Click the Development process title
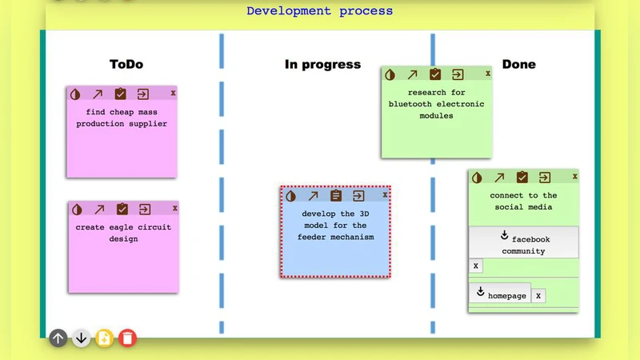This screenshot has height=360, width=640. (319, 11)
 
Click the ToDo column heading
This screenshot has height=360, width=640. (126, 64)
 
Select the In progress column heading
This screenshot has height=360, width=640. (322, 64)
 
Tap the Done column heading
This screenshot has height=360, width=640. (518, 64)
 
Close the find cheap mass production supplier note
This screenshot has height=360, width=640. (173, 93)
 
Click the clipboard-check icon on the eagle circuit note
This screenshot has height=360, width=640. (122, 209)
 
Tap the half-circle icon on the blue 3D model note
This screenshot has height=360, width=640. (291, 195)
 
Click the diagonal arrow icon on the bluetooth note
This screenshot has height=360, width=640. (412, 74)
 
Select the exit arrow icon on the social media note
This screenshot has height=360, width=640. (544, 178)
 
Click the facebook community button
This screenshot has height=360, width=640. (523, 243)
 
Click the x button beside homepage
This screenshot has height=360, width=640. (538, 295)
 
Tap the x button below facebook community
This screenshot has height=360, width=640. (475, 266)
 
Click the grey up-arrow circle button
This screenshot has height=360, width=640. (58, 338)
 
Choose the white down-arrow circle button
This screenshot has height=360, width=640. (81, 338)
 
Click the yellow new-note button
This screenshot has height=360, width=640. (104, 338)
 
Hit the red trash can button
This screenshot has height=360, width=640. (127, 338)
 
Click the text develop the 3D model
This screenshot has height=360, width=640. (335, 226)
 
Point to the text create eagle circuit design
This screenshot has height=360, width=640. (123, 232)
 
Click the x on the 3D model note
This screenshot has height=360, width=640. (385, 194)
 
